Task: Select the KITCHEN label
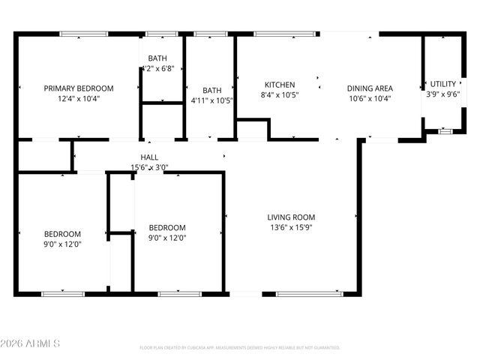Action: [x=279, y=85]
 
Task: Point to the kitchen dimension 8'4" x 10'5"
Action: [x=279, y=95]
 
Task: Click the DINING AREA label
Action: [x=369, y=88]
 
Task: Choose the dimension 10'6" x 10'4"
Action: [x=369, y=98]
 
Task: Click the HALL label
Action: [x=150, y=157]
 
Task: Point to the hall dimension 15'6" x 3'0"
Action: [x=150, y=167]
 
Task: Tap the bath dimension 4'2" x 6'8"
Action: [x=157, y=68]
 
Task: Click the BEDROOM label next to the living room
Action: [x=166, y=227]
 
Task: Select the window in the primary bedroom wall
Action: [x=83, y=34]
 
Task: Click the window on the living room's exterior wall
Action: [x=310, y=293]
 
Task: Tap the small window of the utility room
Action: [x=445, y=131]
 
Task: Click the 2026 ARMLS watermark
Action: [x=31, y=343]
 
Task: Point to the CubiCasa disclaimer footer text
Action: [x=240, y=347]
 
